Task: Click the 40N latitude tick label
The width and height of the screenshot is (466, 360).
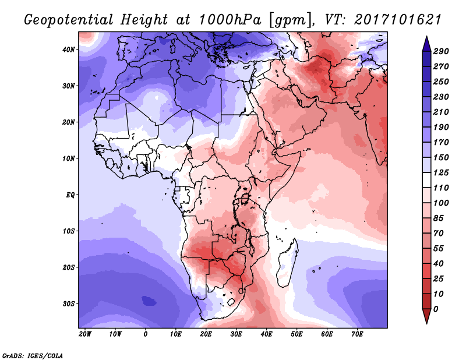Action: pyautogui.click(x=69, y=49)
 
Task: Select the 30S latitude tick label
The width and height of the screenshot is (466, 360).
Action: pyautogui.click(x=69, y=303)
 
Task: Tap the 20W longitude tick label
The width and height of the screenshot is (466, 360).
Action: pyautogui.click(x=84, y=334)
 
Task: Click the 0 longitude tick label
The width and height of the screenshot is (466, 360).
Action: pyautogui.click(x=145, y=334)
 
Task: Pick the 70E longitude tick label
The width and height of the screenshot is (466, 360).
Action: pyautogui.click(x=357, y=334)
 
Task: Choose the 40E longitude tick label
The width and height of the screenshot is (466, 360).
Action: pyautogui.click(x=266, y=334)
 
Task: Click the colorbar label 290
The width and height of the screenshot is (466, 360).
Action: pyautogui.click(x=440, y=52)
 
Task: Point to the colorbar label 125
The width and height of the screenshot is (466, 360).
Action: pyautogui.click(x=440, y=173)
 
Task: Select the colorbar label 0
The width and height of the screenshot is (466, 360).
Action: pyautogui.click(x=436, y=308)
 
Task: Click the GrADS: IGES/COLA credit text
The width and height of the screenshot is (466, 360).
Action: pyautogui.click(x=32, y=354)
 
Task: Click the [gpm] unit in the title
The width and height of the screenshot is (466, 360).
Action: pyautogui.click(x=285, y=20)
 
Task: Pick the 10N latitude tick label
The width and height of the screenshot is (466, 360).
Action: pyautogui.click(x=69, y=158)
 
